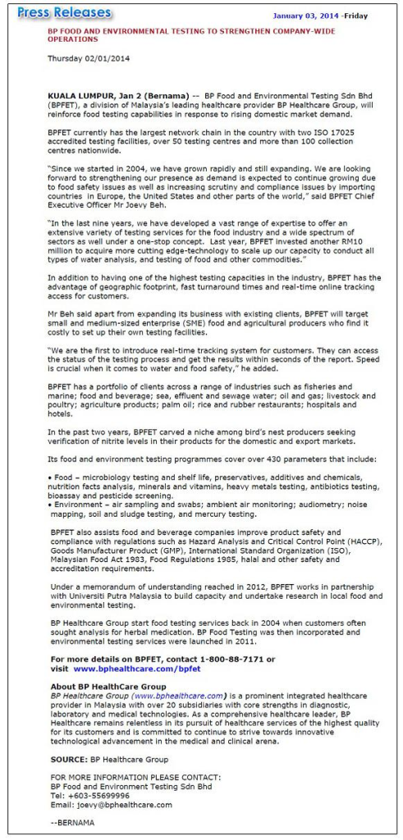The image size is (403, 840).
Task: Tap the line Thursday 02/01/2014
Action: coord(89,58)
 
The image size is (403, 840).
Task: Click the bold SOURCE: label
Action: coord(69,760)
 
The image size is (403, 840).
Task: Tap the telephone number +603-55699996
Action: coord(102,795)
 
